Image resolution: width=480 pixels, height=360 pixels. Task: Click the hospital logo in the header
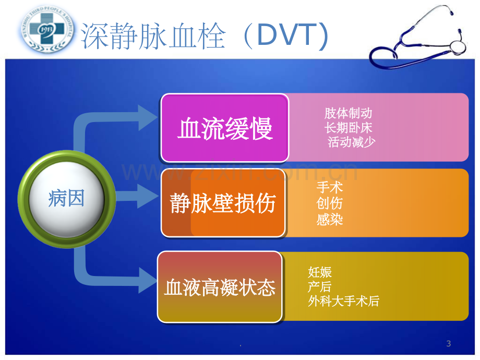[x=47, y=29]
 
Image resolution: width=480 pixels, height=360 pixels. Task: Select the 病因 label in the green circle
[x=66, y=199]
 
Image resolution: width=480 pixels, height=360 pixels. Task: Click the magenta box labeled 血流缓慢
[x=225, y=128]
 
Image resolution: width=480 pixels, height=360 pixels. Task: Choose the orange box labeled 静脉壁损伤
[x=223, y=202]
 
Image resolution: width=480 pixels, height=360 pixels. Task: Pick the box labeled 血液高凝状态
[x=220, y=287]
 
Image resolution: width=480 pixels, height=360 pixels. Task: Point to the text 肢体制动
[x=349, y=113]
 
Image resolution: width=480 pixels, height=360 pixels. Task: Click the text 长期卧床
[x=349, y=128]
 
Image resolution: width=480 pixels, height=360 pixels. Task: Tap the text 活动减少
[x=352, y=142]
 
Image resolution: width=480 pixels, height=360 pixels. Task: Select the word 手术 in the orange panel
[x=330, y=187]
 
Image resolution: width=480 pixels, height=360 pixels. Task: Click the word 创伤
[x=330, y=203]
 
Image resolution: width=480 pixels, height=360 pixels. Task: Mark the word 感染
[x=330, y=220]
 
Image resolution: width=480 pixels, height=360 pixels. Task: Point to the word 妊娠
[x=320, y=272]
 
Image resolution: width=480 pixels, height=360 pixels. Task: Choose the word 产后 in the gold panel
[x=320, y=287]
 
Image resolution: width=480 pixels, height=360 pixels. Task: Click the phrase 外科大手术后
[x=344, y=301]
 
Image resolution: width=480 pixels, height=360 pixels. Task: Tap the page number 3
[x=449, y=343]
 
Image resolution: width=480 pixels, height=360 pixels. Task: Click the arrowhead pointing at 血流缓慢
[x=148, y=118]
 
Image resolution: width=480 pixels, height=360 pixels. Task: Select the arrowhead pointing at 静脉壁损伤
[x=148, y=196]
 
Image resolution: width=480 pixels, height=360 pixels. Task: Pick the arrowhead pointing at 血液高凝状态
[x=148, y=280]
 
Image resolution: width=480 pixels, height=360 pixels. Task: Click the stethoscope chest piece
[x=458, y=47]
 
